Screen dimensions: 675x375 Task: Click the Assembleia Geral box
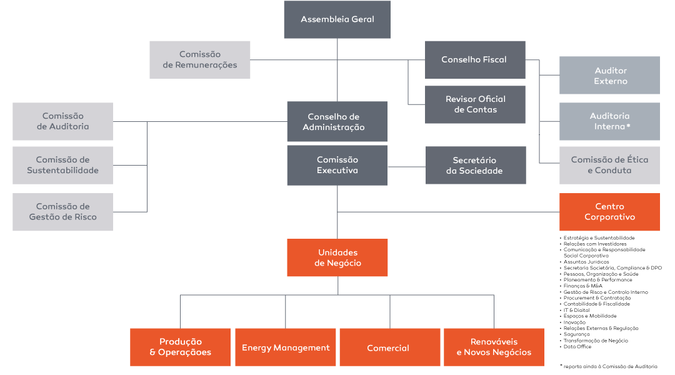click(x=337, y=19)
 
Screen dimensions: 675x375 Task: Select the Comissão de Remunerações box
click(x=200, y=60)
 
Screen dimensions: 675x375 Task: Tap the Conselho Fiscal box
click(x=475, y=60)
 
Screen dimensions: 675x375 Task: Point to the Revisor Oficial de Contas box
click(x=475, y=104)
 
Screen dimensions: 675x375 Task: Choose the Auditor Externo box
click(x=609, y=76)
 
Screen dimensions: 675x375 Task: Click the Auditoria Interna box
click(x=609, y=121)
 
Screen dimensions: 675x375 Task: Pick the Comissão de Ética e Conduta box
click(x=609, y=166)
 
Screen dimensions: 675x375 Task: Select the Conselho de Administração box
click(x=337, y=121)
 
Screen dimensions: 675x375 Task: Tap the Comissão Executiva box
click(x=337, y=166)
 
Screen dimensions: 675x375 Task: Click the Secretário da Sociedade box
click(x=476, y=166)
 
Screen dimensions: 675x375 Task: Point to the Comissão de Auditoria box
click(x=63, y=121)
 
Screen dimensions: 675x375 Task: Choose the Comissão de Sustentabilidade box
click(x=63, y=166)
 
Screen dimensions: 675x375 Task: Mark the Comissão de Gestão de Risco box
click(x=63, y=212)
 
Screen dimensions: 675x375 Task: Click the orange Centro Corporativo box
click(x=609, y=212)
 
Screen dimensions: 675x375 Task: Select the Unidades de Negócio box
click(x=337, y=257)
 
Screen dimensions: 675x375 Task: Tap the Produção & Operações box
click(x=181, y=347)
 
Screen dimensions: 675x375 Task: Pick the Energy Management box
click(x=286, y=347)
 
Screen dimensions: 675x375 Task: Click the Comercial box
click(x=390, y=347)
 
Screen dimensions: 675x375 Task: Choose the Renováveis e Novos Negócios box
click(x=494, y=347)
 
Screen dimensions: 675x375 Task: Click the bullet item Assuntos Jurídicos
click(x=586, y=262)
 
